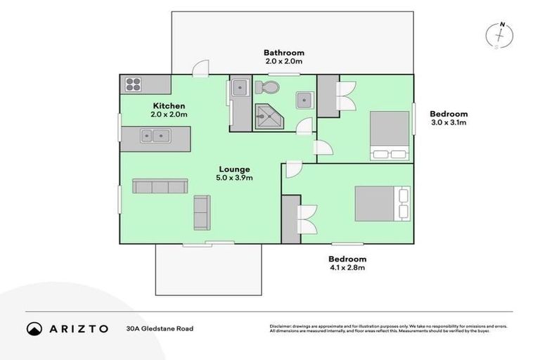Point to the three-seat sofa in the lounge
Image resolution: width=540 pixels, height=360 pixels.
[160, 186]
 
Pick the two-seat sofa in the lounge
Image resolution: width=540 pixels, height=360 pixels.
[202, 212]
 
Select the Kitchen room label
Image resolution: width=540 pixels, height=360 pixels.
[169, 106]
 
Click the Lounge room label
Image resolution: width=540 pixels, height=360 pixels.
[234, 169]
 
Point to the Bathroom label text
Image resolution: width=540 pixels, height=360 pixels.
[284, 53]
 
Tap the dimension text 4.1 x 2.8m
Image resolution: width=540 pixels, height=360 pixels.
[347, 268]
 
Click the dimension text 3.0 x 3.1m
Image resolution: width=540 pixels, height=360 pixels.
[449, 122]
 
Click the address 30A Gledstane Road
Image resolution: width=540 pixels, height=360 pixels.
[160, 328]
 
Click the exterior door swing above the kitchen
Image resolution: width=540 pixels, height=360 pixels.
[201, 67]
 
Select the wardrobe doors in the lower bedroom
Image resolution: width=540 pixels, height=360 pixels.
[308, 219]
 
